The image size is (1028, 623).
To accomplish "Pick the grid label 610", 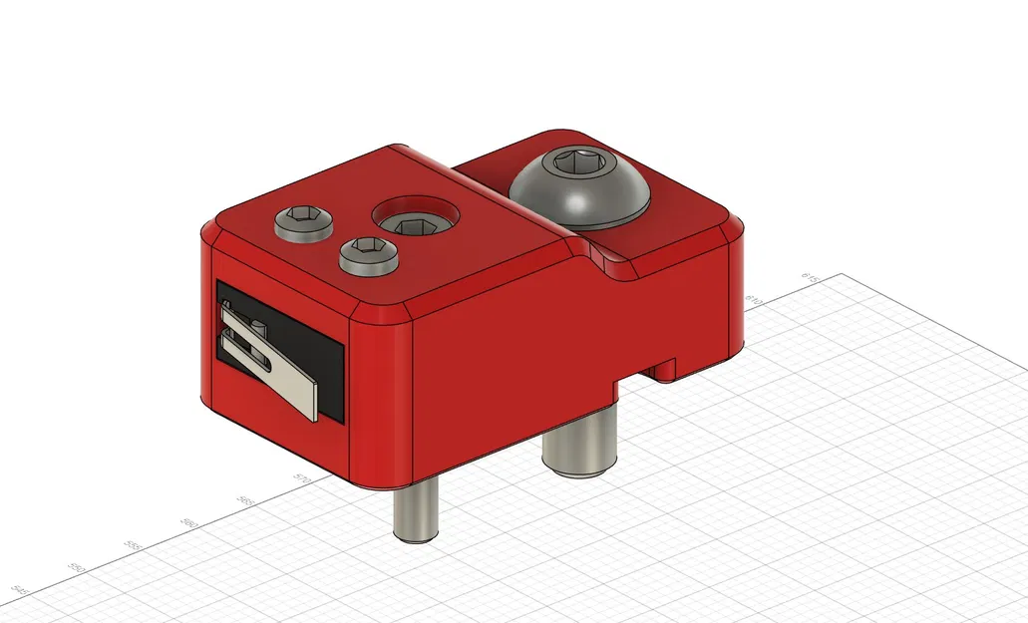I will click(756, 299).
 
